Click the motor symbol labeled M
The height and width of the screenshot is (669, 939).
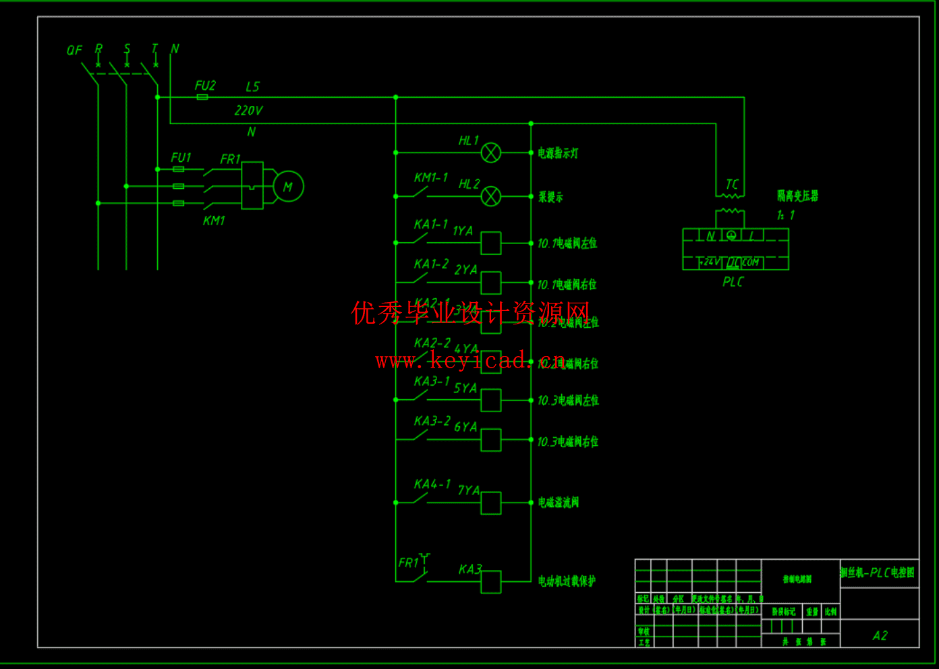pyautogui.click(x=288, y=187)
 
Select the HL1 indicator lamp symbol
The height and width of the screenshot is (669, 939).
pyautogui.click(x=490, y=153)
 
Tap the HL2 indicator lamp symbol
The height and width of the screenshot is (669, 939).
pyautogui.click(x=490, y=196)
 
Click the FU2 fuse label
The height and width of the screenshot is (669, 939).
pyautogui.click(x=205, y=86)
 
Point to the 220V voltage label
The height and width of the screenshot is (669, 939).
pyautogui.click(x=248, y=111)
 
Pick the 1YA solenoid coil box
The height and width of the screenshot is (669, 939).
pyautogui.click(x=490, y=243)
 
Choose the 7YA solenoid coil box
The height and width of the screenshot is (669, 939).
pyautogui.click(x=490, y=503)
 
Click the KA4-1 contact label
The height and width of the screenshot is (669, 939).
pyautogui.click(x=432, y=484)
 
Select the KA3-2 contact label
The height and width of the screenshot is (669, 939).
pyautogui.click(x=432, y=421)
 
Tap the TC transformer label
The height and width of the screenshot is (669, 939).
pyautogui.click(x=732, y=184)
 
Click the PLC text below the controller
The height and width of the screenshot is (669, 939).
pyautogui.click(x=733, y=282)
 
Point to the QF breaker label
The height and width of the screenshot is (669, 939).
pyautogui.click(x=74, y=51)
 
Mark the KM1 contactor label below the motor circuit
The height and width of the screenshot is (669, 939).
pyautogui.click(x=214, y=221)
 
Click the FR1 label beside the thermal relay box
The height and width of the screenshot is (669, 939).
pyautogui.click(x=230, y=159)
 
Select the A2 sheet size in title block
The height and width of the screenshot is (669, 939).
pyautogui.click(x=880, y=635)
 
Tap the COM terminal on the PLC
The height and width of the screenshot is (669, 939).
pyautogui.click(x=751, y=262)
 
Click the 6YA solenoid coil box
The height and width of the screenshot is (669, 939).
pyautogui.click(x=490, y=440)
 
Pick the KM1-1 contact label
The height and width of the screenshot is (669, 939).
pyautogui.click(x=430, y=177)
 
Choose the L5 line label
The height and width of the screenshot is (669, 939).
pyautogui.click(x=252, y=87)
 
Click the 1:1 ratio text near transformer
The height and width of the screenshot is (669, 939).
pyautogui.click(x=785, y=215)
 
